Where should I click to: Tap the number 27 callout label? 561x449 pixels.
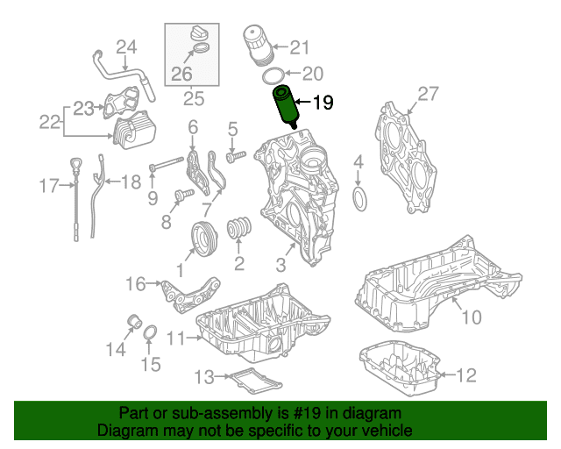[428, 94]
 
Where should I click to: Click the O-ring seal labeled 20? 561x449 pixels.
[273, 74]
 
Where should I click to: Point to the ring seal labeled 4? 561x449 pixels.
[359, 198]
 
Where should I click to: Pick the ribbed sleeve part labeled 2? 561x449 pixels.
[238, 229]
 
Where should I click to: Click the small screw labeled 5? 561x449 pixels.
[235, 156]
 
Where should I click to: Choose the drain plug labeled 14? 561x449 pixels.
[135, 320]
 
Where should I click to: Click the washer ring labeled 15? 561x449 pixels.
[150, 333]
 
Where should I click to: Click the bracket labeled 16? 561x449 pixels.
[188, 294]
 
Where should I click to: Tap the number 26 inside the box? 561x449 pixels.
[181, 73]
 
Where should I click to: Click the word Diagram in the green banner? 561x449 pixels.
[125, 431]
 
